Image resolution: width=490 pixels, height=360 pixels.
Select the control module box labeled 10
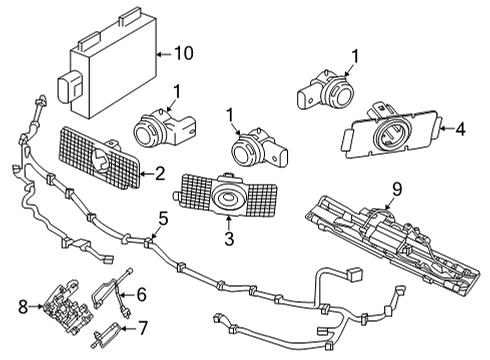point(106,62)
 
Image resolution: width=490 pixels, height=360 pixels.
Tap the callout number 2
point(158,174)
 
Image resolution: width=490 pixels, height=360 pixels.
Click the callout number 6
point(140,294)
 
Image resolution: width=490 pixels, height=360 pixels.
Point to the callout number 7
point(143,326)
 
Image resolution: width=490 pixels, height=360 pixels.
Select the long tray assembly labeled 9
point(385,246)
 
